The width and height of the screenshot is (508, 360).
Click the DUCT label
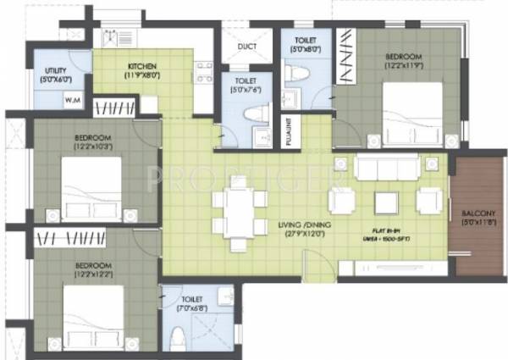247,47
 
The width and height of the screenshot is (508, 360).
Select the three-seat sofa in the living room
387,168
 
